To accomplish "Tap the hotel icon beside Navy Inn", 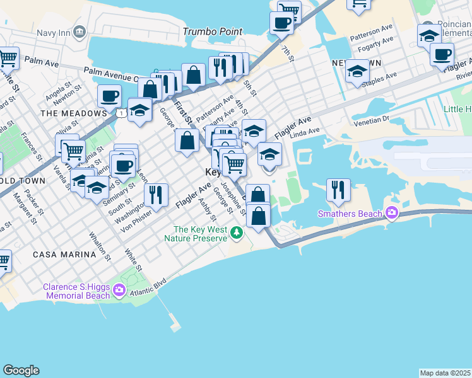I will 80,31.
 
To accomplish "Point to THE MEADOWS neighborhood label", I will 73,113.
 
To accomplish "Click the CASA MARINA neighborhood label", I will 64,255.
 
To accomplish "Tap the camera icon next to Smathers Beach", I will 392,213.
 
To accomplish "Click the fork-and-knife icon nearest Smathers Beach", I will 339,189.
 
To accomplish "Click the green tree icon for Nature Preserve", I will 237,234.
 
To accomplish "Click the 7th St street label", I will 288,54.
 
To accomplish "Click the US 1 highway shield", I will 119,112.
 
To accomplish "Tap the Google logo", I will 21,370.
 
